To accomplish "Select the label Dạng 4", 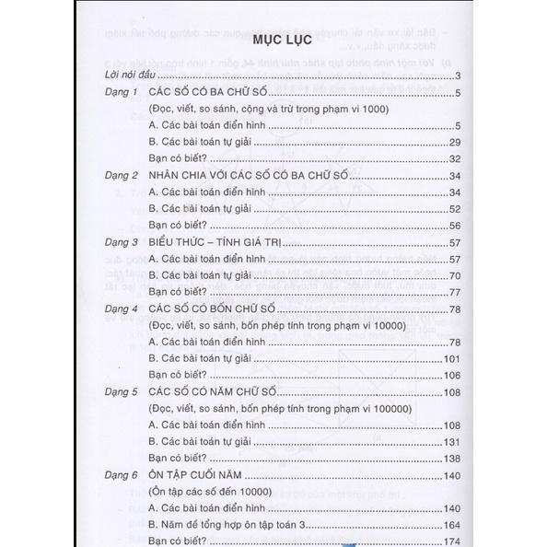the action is tap(121, 309).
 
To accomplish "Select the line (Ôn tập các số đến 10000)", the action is tap(213, 492).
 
